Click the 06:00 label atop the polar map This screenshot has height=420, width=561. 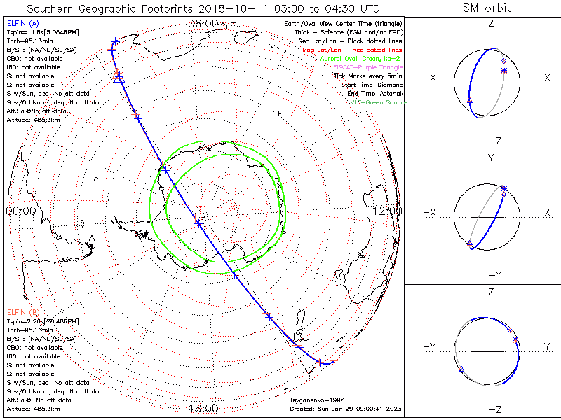click(203, 24)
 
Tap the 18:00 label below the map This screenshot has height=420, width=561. click(203, 408)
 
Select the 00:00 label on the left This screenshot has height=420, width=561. click(21, 210)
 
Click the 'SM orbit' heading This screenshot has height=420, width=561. click(487, 8)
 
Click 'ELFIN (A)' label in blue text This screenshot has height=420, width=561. click(22, 24)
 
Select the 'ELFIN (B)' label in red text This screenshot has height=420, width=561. click(22, 311)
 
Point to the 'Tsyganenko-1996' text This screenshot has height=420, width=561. click(313, 400)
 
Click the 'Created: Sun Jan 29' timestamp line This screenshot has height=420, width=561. click(345, 409)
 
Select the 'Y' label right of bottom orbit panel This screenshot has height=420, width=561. click(547, 346)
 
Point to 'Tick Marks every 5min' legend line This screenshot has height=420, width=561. click(368, 76)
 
